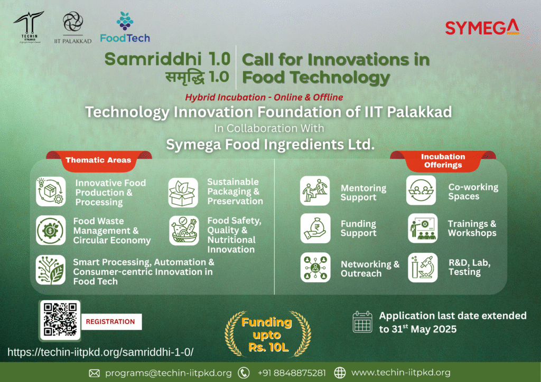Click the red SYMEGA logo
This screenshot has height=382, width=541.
coord(482,27)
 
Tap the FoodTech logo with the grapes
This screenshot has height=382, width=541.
coord(125,27)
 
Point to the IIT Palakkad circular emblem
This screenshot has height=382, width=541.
coord(73,21)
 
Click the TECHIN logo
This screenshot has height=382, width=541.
coord(29,27)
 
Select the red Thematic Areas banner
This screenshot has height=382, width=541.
coord(99,160)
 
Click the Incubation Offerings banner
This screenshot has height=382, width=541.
coord(443,161)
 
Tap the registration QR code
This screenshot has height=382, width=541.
coord(60,320)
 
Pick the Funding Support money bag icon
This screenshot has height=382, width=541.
coord(315,228)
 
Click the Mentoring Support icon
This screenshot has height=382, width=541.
coord(315,191)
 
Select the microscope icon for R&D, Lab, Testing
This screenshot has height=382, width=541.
coord(423,268)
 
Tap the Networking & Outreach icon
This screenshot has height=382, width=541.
coord(315,268)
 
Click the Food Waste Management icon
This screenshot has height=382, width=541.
coord(51,230)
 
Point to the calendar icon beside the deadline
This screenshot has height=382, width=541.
coord(362,322)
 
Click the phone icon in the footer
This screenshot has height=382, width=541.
coord(244,373)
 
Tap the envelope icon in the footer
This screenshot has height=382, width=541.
coord(94,373)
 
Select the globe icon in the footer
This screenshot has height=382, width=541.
coord(340,373)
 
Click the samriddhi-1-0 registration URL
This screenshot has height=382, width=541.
coord(100,352)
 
